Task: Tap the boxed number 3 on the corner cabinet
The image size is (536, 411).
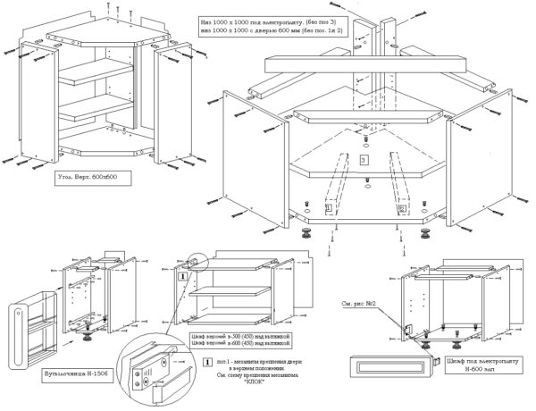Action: tap(364, 159)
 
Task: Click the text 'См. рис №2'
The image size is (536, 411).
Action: tap(357, 304)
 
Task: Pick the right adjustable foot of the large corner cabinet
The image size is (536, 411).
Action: tap(425, 236)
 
